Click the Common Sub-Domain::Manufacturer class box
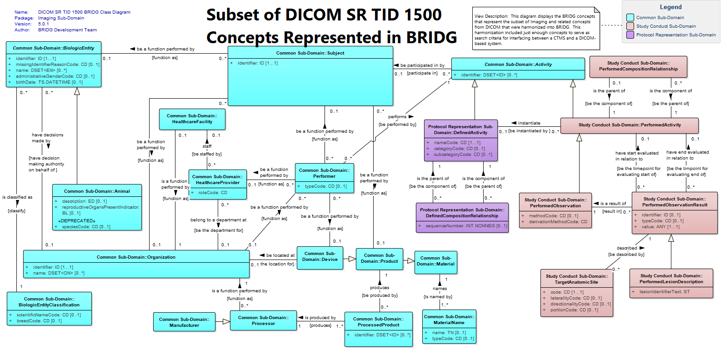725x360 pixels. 184,322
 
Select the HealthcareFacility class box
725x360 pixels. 192,119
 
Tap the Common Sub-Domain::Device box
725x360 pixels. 320,258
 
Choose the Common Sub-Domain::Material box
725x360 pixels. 435,262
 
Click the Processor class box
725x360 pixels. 263,320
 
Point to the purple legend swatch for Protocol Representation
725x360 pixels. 630,35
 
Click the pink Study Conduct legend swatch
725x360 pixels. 630,26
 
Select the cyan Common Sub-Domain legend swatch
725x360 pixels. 630,17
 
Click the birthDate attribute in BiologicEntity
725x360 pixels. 49,82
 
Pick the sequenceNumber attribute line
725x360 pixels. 466,226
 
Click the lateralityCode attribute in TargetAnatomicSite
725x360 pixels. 576,298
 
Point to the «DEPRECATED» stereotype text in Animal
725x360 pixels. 77,221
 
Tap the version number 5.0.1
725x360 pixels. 43,24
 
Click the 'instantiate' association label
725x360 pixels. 529,123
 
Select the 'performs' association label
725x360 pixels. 397,117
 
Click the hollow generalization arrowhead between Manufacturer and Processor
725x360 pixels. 226,322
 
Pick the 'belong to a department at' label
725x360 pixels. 219,220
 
